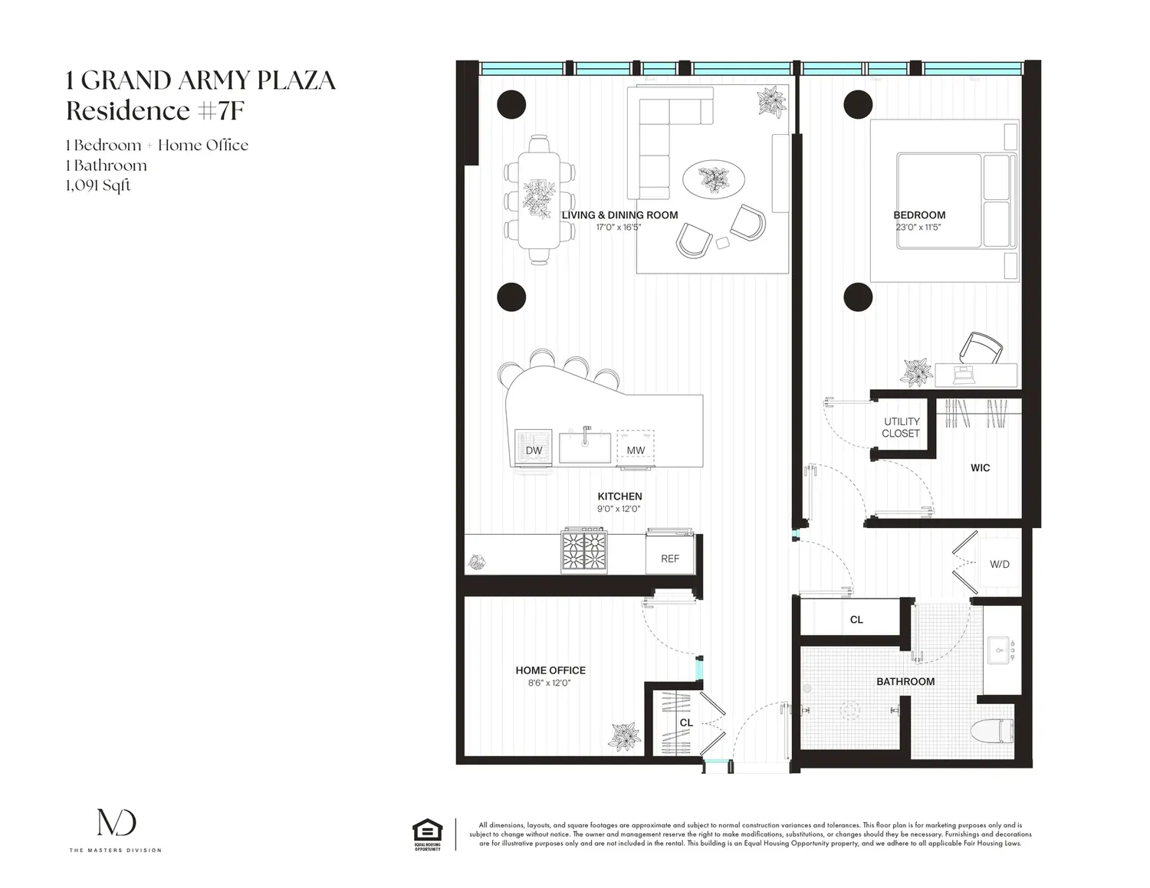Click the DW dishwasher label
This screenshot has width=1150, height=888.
534,451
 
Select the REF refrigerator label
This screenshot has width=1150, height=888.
670,559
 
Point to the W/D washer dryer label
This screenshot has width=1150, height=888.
999,565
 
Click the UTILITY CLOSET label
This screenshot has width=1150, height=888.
902,428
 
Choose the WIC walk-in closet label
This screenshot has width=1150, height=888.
980,468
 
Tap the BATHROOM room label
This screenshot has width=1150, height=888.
905,682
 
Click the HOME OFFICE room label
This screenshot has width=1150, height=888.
550,670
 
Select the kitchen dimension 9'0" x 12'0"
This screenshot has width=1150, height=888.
619,509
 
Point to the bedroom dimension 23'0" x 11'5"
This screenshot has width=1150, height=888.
918,228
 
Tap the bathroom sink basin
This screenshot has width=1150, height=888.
1001,650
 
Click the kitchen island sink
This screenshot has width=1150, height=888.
585,447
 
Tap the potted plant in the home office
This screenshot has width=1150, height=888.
626,736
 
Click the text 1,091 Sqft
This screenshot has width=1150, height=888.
98,185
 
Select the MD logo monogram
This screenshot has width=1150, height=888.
117,822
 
